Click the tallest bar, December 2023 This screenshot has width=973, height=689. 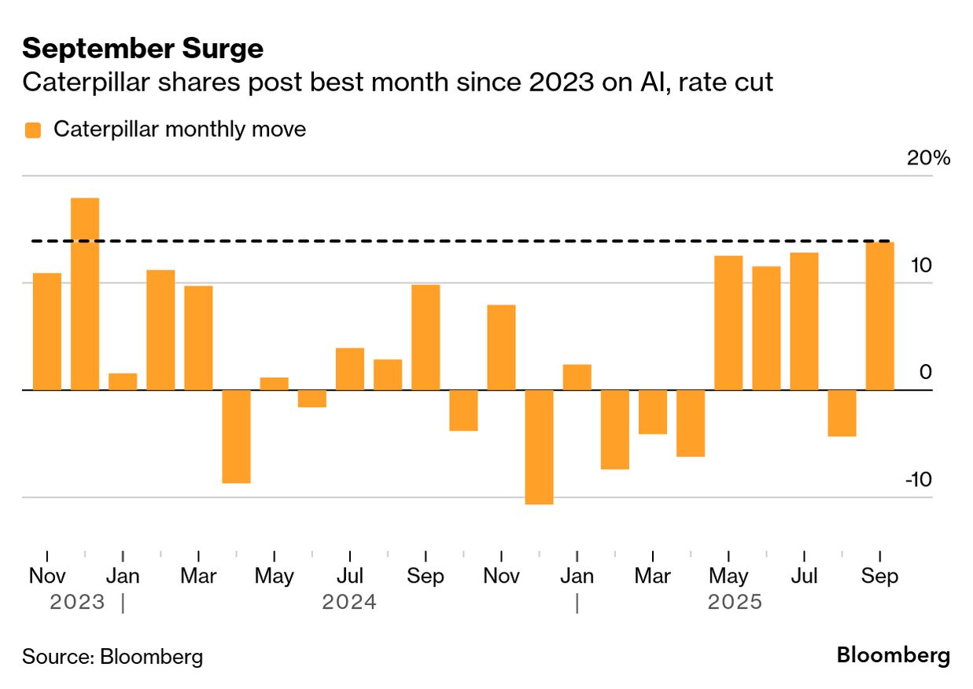pyautogui.click(x=85, y=293)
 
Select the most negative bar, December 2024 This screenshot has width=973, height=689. pyautogui.click(x=539, y=447)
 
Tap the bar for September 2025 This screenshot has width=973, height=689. pyautogui.click(x=879, y=315)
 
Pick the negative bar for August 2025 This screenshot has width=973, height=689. pyautogui.click(x=842, y=413)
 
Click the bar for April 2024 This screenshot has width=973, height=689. pyautogui.click(x=236, y=436)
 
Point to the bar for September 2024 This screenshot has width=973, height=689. pyautogui.click(x=426, y=337)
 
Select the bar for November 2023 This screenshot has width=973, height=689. pyautogui.click(x=47, y=331)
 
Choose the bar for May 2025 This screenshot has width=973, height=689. pyautogui.click(x=728, y=322)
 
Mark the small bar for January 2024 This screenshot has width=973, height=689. pyautogui.click(x=123, y=381)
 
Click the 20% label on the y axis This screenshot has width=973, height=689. pyautogui.click(x=928, y=158)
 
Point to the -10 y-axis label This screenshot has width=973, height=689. pyautogui.click(x=917, y=479)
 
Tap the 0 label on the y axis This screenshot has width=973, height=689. pyautogui.click(x=925, y=372)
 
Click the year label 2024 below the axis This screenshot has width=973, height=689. pyautogui.click(x=349, y=602)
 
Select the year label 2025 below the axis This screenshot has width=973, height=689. pyautogui.click(x=735, y=602)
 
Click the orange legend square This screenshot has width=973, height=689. pyautogui.click(x=32, y=130)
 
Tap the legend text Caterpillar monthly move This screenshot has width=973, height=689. pyautogui.click(x=179, y=129)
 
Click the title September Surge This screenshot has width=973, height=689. pyautogui.click(x=142, y=49)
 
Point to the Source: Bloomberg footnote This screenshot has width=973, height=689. pyautogui.click(x=112, y=657)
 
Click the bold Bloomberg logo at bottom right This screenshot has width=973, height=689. pyautogui.click(x=893, y=655)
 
